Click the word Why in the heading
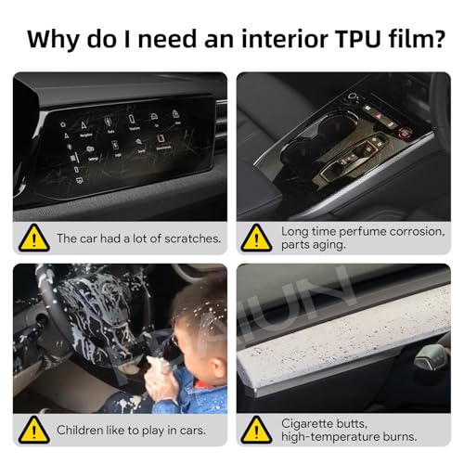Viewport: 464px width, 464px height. click(x=54, y=40)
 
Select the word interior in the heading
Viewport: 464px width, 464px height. click(x=285, y=39)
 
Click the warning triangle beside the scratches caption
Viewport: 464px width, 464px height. click(x=34, y=238)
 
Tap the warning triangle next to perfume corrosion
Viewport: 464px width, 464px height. click(x=256, y=238)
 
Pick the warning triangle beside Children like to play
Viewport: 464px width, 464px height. click(x=34, y=430)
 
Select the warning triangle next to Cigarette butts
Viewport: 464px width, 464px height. click(x=256, y=430)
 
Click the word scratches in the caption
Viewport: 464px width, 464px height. click(x=192, y=238)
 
